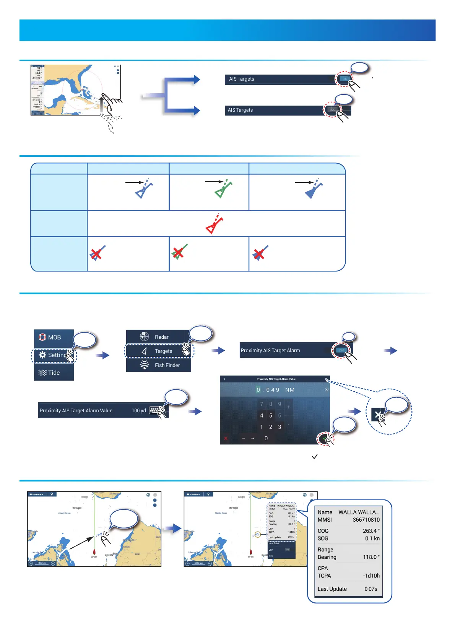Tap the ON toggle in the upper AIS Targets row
click(345, 79)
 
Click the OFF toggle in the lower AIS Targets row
click(332, 110)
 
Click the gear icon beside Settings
click(42, 355)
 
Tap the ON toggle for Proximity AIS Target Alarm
click(341, 350)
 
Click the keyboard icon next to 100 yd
click(154, 410)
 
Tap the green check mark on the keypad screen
click(325, 439)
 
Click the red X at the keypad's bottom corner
click(226, 438)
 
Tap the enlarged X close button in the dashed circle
click(378, 415)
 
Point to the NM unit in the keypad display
click(290, 390)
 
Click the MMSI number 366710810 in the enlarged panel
click(366, 520)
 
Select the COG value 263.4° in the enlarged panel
click(371, 531)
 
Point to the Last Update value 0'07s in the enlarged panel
click(370, 589)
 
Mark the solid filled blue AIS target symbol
click(313, 190)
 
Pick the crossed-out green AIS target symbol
click(179, 252)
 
